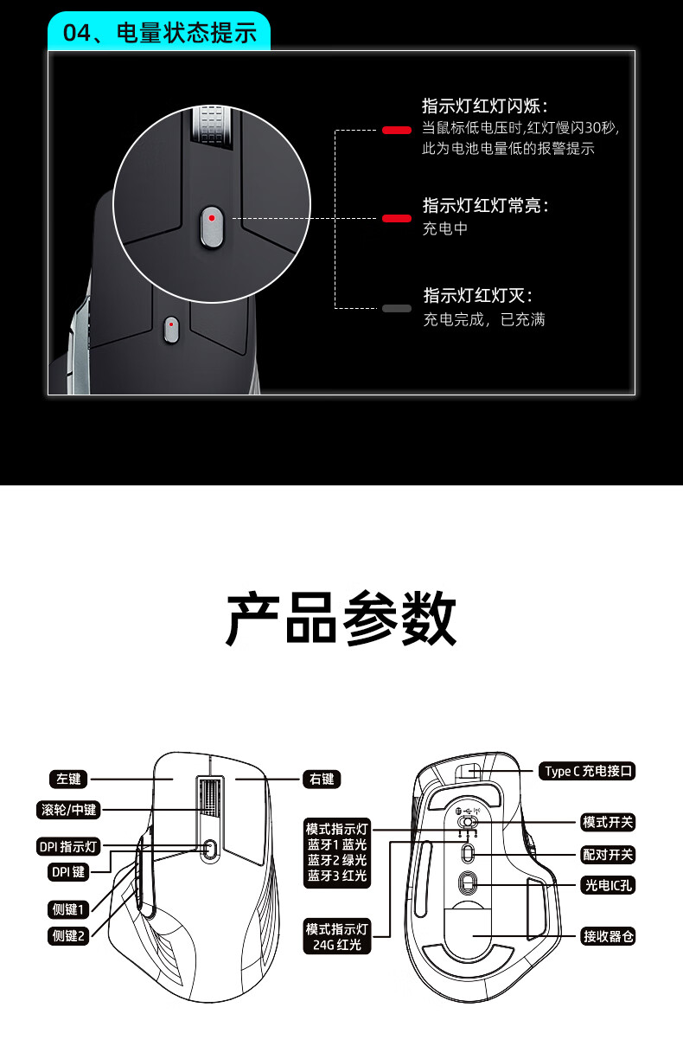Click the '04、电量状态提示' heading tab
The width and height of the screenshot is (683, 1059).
pos(161,33)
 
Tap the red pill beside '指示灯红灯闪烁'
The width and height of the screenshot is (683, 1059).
pos(397,131)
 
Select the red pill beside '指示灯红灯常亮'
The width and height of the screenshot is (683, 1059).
pos(397,219)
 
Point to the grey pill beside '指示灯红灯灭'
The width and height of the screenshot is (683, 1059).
pos(397,308)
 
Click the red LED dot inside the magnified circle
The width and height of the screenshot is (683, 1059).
pos(212,219)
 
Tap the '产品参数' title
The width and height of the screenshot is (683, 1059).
pos(341,619)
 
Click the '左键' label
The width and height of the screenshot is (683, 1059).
pos(68,779)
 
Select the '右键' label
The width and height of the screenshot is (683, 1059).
pos(321,779)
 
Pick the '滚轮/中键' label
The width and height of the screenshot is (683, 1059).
pos(68,810)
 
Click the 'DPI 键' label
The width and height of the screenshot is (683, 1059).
pos(67,872)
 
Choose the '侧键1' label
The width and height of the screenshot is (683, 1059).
pos(68,908)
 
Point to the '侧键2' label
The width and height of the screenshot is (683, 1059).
pos(68,934)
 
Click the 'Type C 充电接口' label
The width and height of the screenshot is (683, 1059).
pos(589,770)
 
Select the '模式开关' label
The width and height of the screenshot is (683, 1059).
pos(608,822)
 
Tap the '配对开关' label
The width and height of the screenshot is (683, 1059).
pos(608,855)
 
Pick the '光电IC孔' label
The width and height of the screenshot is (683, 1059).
pos(608,884)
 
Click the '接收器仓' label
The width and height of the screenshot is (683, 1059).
pos(608,936)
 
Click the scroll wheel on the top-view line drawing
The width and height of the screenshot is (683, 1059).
pos(210,798)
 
